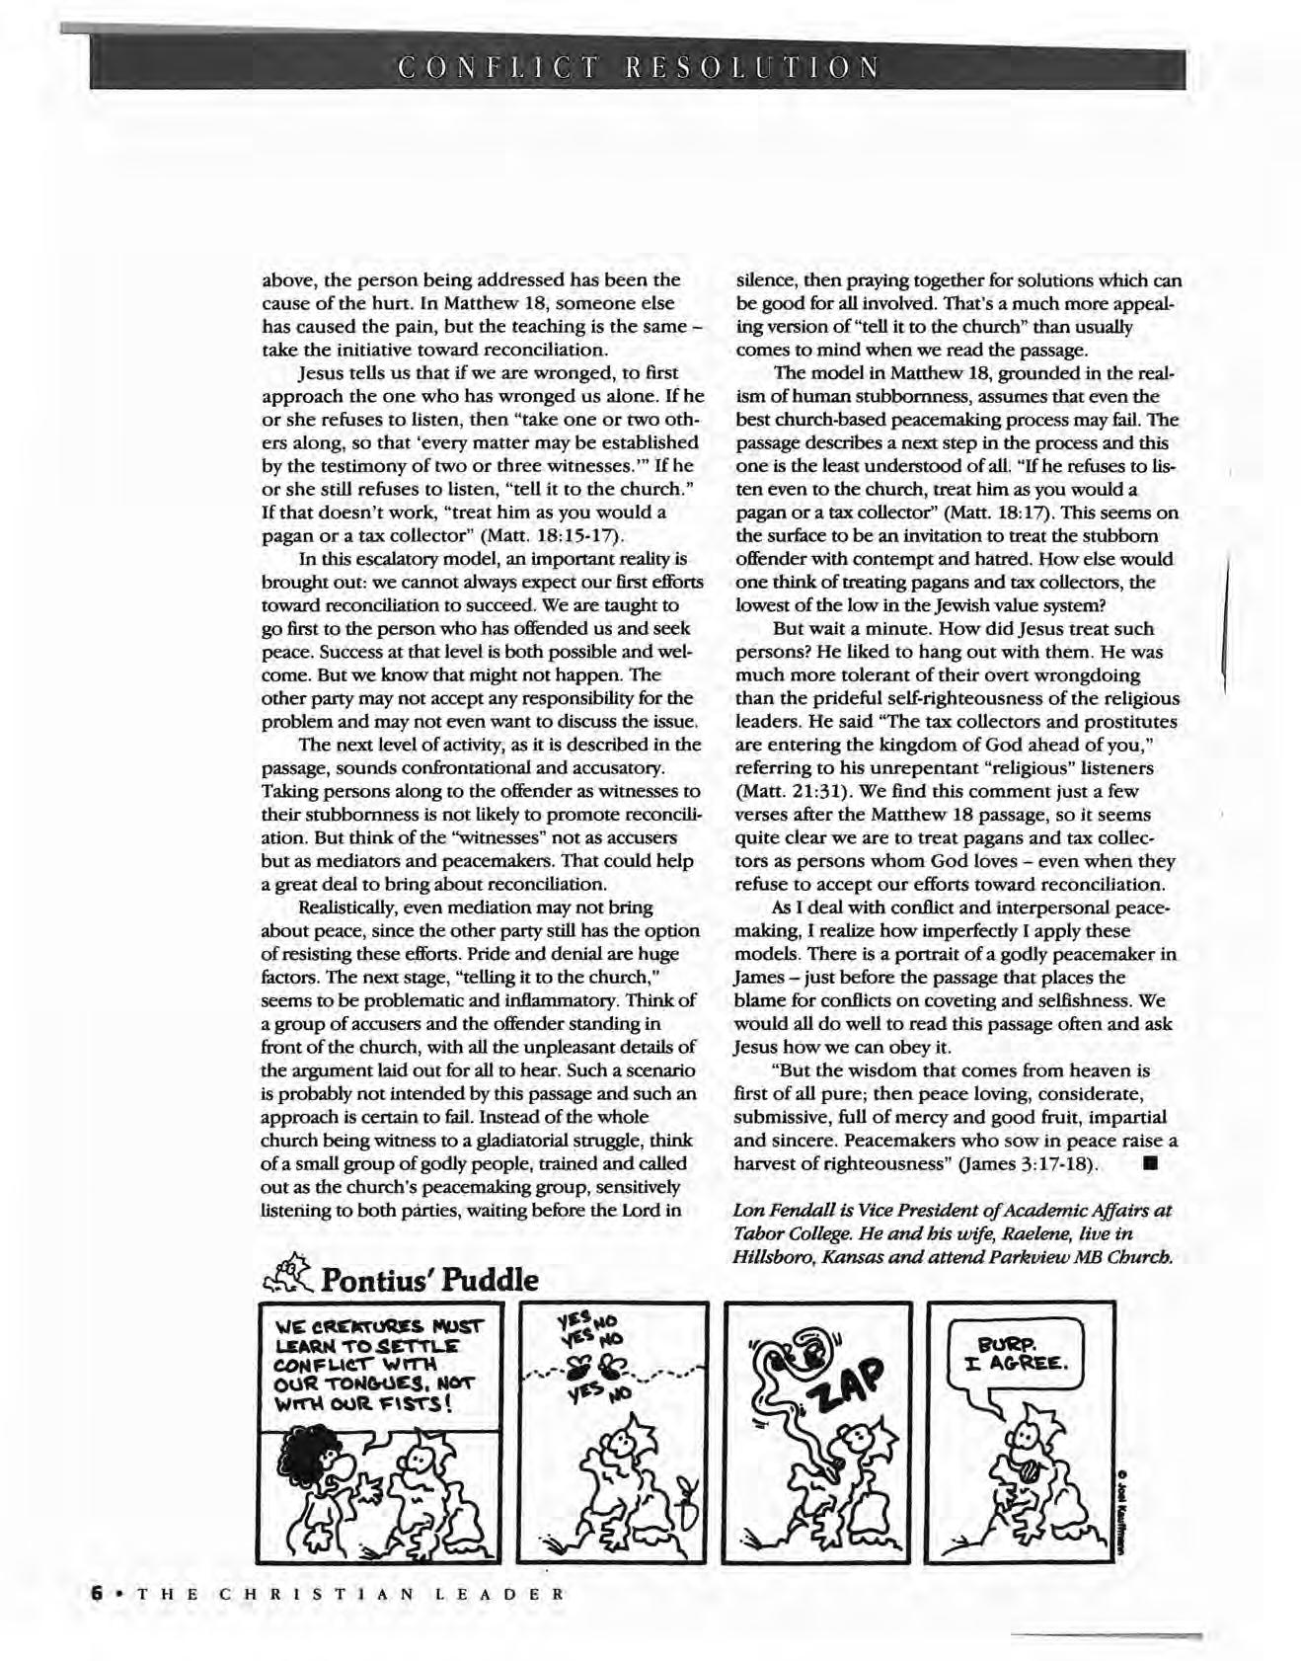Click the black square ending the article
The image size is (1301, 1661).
click(1147, 1162)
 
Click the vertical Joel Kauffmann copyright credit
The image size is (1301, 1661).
click(1121, 1510)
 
